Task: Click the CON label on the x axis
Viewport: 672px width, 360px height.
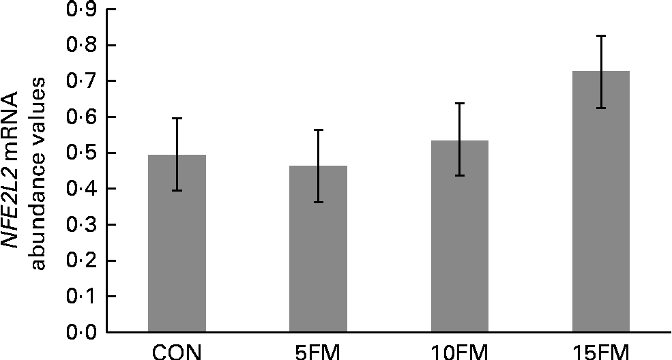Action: point(177,351)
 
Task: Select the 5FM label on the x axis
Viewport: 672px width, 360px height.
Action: point(318,351)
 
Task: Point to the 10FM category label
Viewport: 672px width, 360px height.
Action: point(459,351)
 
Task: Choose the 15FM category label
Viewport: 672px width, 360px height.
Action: point(600,351)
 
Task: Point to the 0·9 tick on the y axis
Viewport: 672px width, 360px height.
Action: point(81,10)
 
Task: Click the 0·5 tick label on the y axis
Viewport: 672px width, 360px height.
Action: point(81,153)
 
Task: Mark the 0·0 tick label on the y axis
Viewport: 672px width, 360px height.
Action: point(81,333)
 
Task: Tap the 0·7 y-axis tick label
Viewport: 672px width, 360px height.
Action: point(81,82)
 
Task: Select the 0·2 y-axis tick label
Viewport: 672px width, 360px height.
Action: point(81,261)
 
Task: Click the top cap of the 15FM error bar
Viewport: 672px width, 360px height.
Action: point(601,35)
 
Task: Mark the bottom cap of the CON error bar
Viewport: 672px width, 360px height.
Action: point(177,191)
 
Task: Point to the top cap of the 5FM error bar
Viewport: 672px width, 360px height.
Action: point(318,129)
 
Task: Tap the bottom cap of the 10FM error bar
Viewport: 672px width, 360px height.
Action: point(459,176)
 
